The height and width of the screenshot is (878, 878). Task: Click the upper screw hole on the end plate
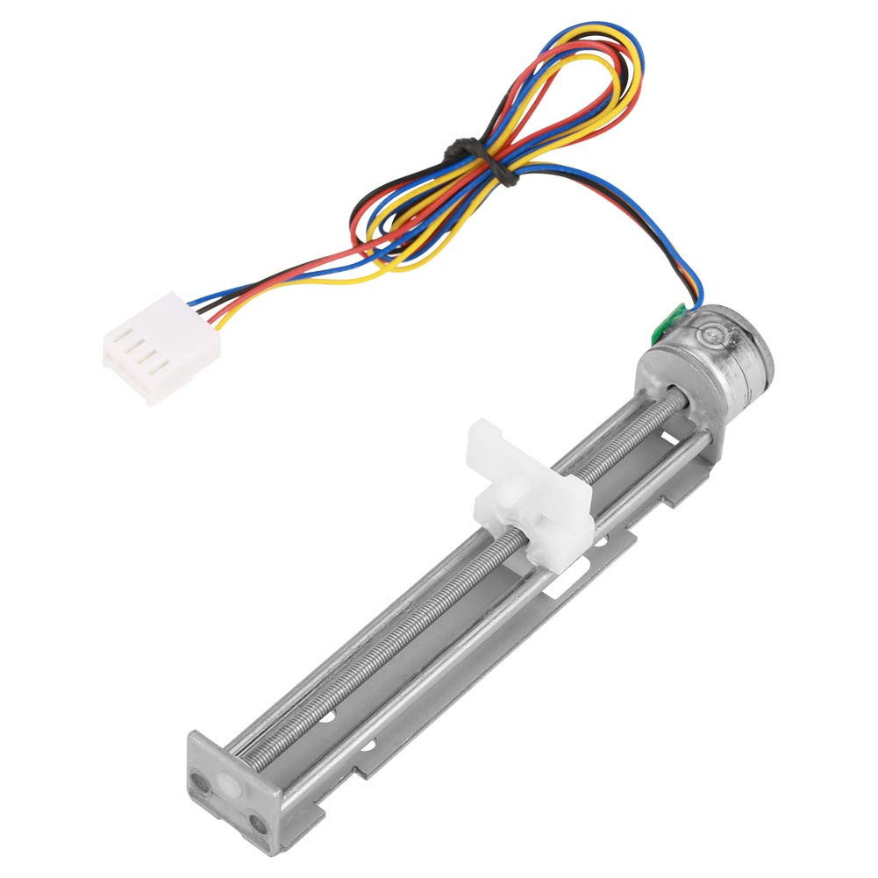[x=201, y=775]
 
